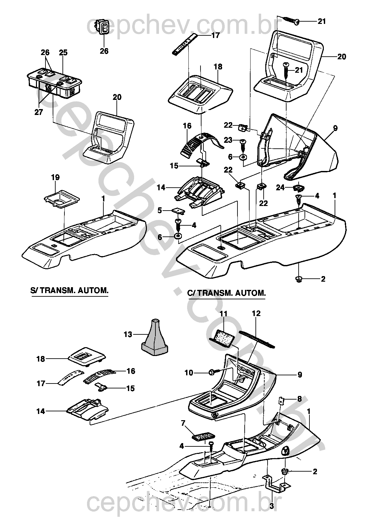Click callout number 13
(128, 334)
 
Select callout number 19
(55, 178)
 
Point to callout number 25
(63, 52)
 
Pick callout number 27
(39, 112)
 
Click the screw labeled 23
(243, 142)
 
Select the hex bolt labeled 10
(211, 372)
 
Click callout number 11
(223, 313)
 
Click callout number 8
(299, 399)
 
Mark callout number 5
(160, 210)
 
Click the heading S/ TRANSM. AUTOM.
(69, 290)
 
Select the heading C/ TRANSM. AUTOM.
(226, 293)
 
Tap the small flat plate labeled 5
(178, 211)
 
